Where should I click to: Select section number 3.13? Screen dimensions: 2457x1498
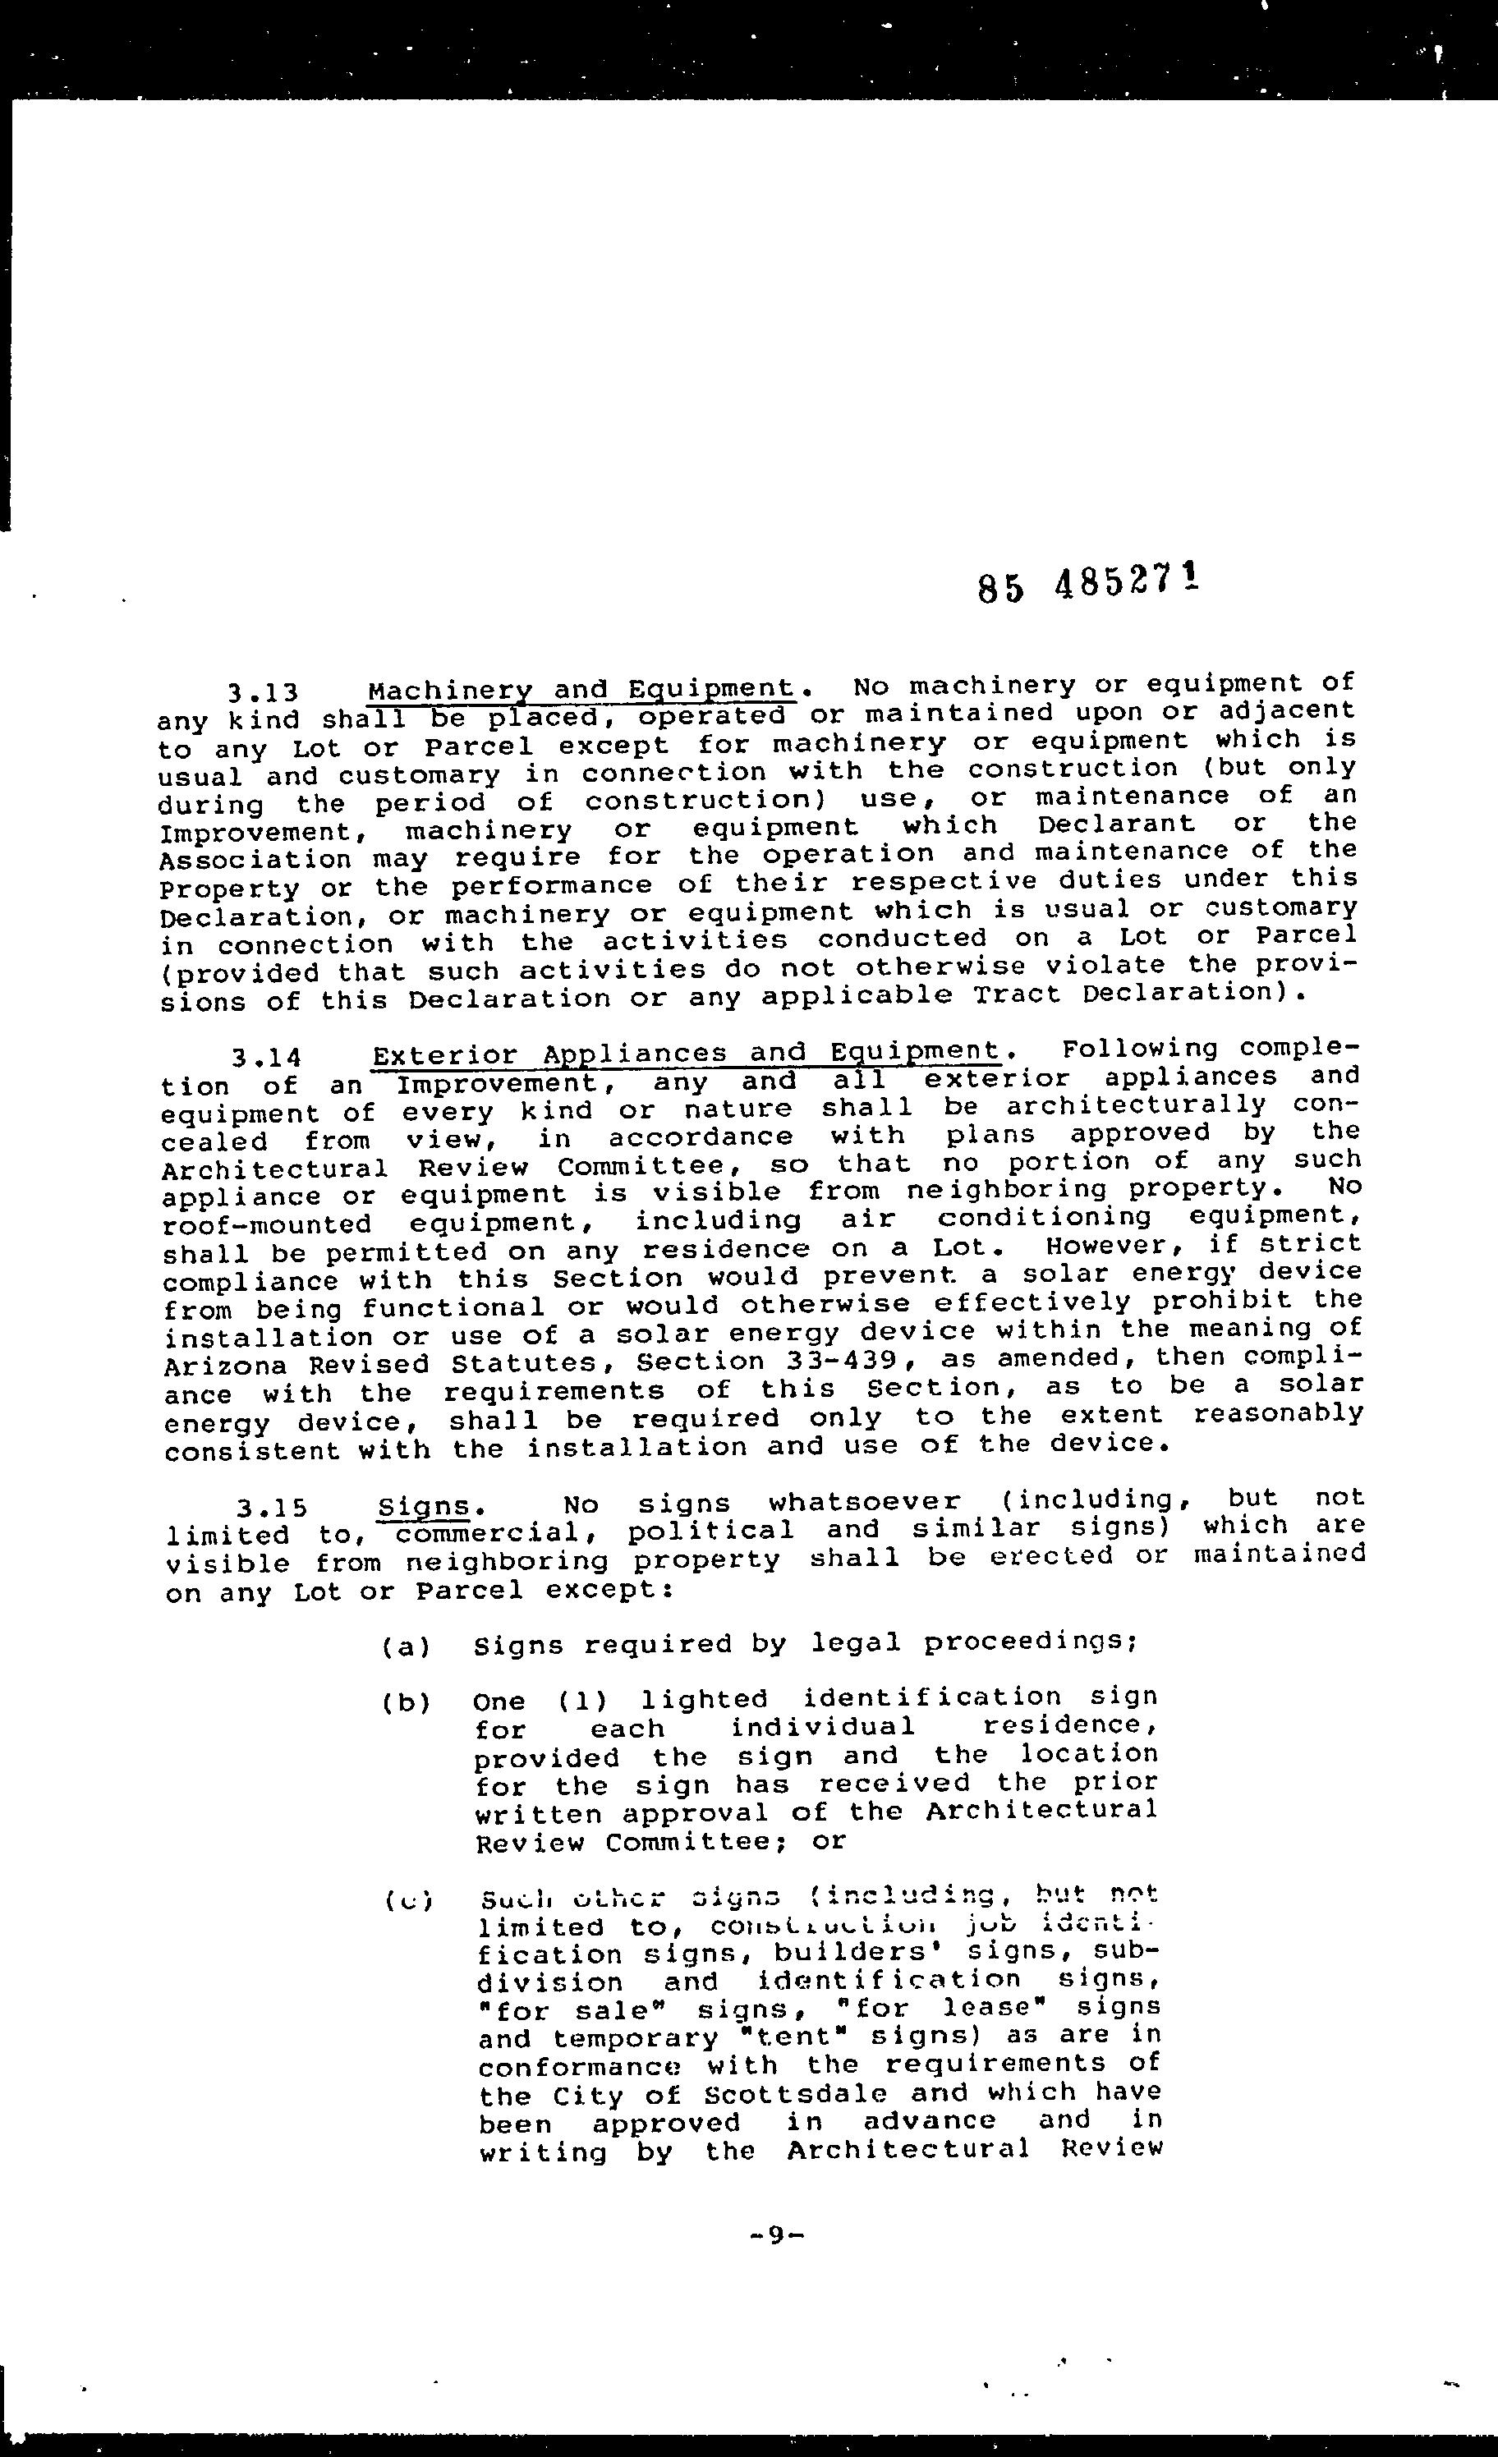pyautogui.click(x=264, y=691)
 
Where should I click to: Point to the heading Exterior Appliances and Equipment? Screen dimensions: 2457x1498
pyautogui.click(x=686, y=1054)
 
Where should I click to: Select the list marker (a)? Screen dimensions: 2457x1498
pyautogui.click(x=405, y=1646)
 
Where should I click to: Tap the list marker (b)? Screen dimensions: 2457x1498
pyautogui.click(x=405, y=1702)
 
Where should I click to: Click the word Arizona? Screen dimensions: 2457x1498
pyautogui.click(x=224, y=1365)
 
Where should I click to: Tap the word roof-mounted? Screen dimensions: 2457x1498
pyautogui.click(x=267, y=1224)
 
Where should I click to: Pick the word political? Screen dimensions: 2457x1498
pyautogui.click(x=711, y=1531)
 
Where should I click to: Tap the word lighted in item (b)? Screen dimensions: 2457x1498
pyautogui.click(x=704, y=1699)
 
